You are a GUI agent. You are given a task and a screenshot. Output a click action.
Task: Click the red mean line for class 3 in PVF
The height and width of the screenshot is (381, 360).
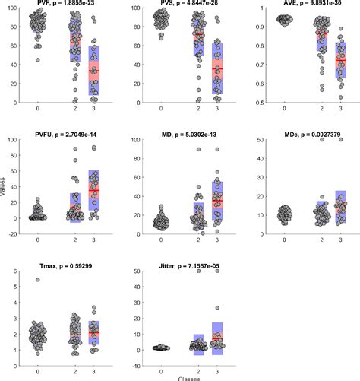point(94,71)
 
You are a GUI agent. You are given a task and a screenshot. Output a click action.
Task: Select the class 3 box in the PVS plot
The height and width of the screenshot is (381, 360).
point(216,68)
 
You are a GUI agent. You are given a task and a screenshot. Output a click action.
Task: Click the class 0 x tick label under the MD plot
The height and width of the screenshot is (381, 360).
point(159,240)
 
